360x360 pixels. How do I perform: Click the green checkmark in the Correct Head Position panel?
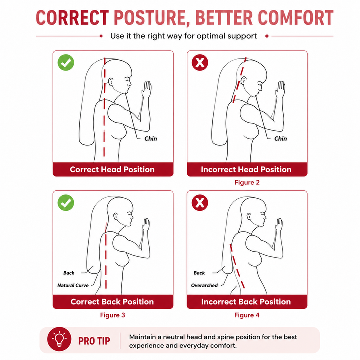tap(66, 62)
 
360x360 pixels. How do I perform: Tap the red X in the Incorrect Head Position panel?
tap(200, 62)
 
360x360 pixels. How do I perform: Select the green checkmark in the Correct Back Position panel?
tap(66, 203)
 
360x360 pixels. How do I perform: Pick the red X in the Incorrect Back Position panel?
tap(200, 203)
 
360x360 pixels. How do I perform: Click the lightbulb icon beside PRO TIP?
tap(59, 339)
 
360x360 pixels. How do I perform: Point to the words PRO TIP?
tap(94, 341)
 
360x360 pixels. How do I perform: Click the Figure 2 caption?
tap(247, 183)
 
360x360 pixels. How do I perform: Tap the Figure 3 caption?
tap(112, 315)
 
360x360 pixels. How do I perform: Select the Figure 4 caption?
tap(247, 315)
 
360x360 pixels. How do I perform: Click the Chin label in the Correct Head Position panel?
tap(151, 139)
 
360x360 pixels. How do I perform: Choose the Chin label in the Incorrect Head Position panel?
tap(281, 139)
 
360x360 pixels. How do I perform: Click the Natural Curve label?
tap(73, 285)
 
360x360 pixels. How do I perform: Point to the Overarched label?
tap(204, 285)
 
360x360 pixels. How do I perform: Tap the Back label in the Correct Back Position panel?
tap(69, 273)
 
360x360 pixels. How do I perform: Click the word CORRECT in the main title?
tap(72, 18)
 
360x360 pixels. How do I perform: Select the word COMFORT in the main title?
tap(295, 18)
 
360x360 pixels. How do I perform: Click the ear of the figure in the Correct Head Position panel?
tap(111, 82)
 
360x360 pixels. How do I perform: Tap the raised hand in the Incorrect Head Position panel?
tap(280, 89)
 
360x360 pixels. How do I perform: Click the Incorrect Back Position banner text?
tap(246, 302)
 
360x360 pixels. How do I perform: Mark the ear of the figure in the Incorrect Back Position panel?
tap(249, 216)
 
